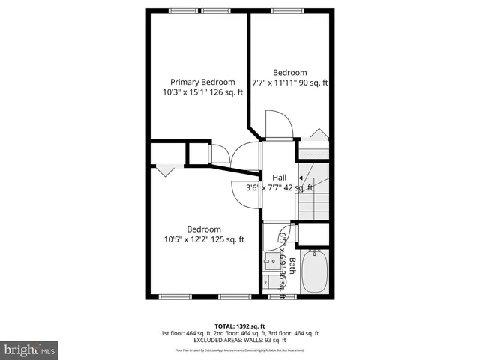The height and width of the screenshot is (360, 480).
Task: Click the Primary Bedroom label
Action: (x=202, y=82)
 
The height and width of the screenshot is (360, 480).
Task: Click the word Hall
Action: (x=279, y=177)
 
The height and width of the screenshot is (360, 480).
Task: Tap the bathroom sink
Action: (x=271, y=263)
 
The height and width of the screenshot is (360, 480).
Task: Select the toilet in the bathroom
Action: (x=269, y=283)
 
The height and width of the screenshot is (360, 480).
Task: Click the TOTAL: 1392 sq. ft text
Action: (x=239, y=325)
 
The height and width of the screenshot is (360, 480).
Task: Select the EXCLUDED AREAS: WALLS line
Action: (x=239, y=341)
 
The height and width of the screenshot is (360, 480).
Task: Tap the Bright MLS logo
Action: (x=30, y=349)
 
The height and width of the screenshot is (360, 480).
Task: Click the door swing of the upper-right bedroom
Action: (x=274, y=123)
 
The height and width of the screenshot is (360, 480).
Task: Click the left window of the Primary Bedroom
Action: (x=183, y=11)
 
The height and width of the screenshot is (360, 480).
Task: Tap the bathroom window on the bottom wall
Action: (x=277, y=297)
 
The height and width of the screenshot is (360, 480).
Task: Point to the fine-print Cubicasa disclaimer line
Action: (x=239, y=350)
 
